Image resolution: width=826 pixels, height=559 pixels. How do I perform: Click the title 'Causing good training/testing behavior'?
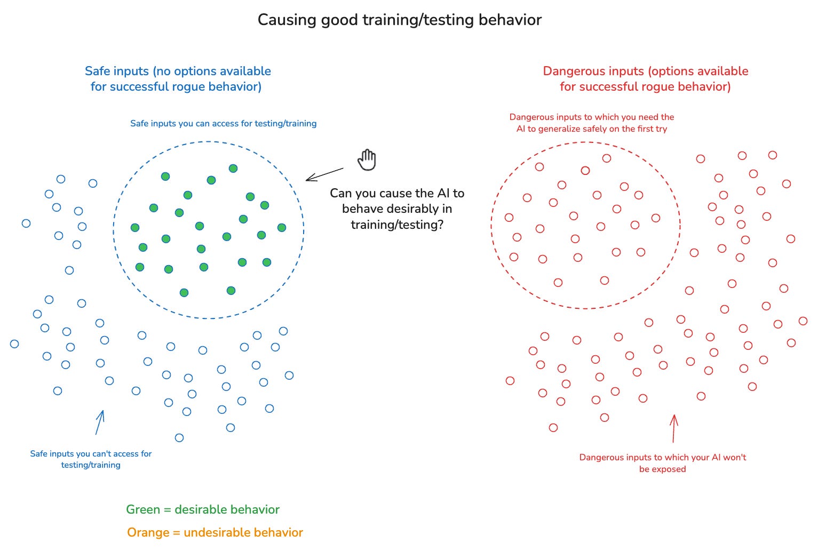(399, 20)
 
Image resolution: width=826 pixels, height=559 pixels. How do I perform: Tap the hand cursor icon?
(367, 159)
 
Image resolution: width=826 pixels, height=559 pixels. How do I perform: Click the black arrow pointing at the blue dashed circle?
(324, 174)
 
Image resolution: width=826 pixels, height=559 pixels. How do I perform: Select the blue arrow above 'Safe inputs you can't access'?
(100, 422)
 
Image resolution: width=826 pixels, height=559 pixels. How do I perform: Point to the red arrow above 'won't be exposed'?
(673, 428)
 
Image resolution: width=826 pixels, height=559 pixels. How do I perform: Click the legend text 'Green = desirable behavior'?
(203, 509)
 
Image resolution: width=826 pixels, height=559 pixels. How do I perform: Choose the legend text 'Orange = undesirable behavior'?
(215, 532)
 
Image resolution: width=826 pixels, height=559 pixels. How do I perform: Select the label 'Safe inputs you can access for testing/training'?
(223, 123)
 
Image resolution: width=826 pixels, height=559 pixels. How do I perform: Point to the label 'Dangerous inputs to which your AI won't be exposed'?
(662, 463)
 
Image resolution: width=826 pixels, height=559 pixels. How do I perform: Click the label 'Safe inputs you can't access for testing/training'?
(91, 459)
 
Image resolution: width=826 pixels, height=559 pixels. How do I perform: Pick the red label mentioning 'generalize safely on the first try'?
(592, 123)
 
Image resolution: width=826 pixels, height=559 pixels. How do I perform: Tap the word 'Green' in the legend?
(143, 509)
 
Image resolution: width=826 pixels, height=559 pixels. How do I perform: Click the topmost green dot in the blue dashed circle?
(233, 169)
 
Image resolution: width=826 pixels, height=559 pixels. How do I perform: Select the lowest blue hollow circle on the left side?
(179, 438)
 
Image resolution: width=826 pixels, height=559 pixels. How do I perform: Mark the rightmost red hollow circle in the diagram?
(803, 321)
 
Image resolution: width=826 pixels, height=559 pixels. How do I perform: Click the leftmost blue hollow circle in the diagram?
(14, 344)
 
